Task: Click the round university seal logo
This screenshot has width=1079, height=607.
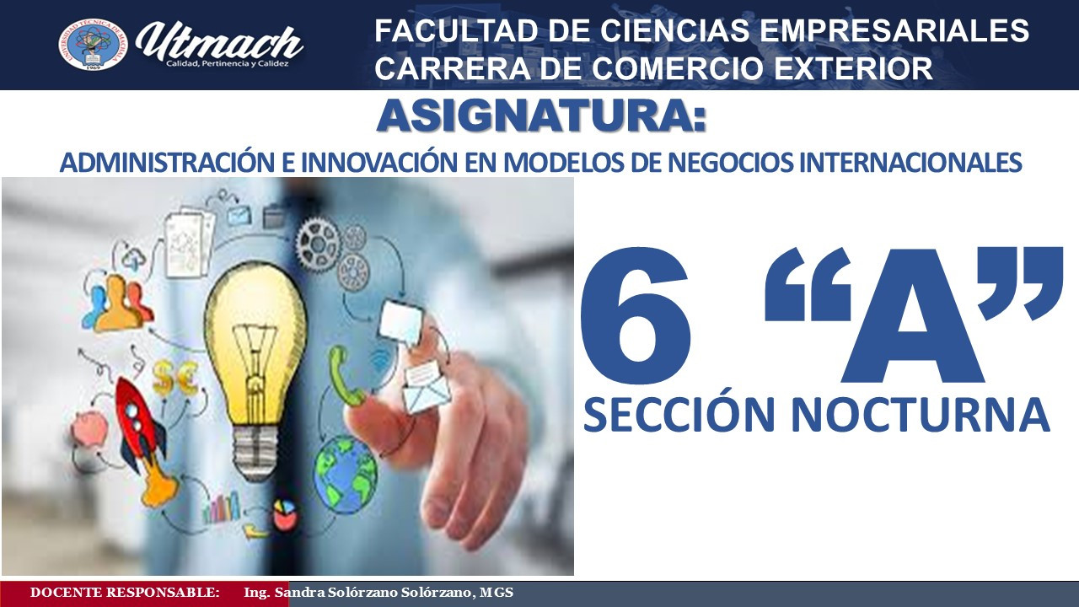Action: coord(93,45)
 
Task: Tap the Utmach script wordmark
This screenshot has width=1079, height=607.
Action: coord(219,43)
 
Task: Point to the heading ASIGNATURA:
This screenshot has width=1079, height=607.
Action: coord(541,116)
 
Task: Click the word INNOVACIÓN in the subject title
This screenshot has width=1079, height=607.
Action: coord(379,163)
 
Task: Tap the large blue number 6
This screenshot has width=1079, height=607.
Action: coord(636,315)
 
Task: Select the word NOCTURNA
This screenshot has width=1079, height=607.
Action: coord(921,414)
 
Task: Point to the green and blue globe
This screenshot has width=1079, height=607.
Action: coord(346,474)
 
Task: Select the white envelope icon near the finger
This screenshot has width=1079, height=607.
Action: coord(427,388)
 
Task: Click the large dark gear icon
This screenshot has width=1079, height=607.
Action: coord(319,244)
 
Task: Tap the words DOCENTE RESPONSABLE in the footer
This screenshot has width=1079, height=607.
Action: coord(125,593)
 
